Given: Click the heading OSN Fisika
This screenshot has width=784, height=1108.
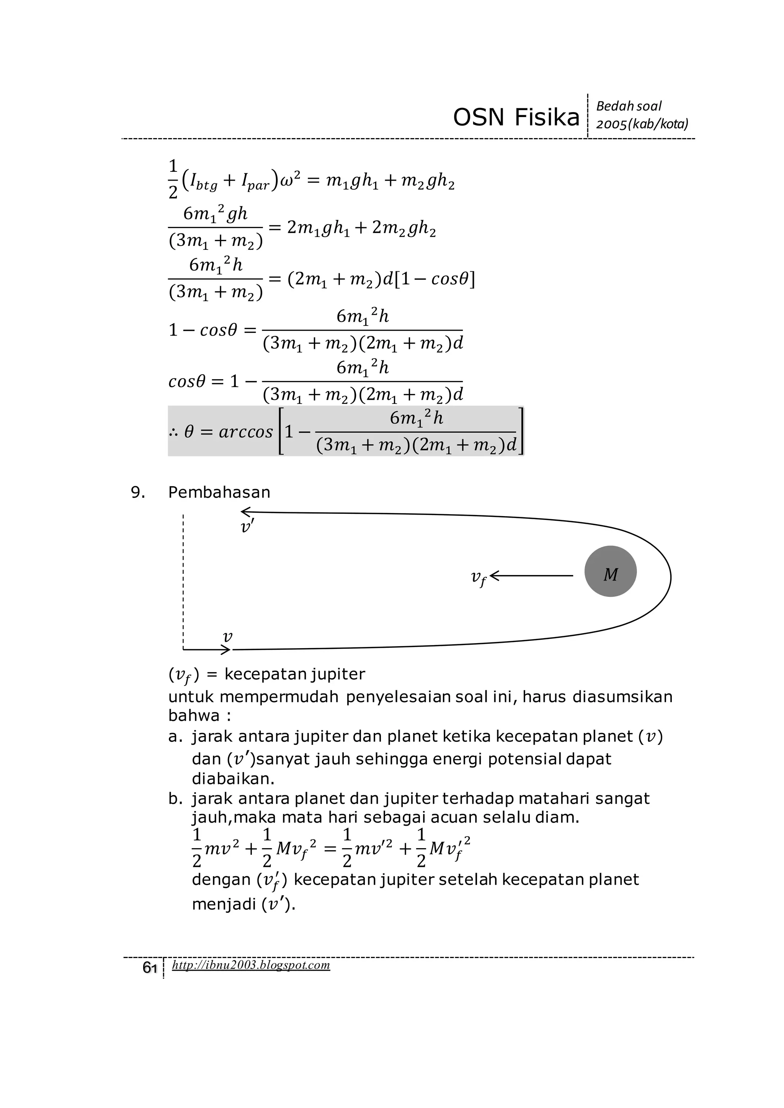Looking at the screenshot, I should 516,117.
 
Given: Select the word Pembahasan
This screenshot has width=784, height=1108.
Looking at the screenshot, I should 219,492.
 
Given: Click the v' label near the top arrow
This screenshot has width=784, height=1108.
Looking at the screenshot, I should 247,526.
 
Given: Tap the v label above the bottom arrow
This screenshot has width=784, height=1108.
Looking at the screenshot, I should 227,637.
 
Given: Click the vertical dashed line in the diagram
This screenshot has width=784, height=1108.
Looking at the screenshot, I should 183,579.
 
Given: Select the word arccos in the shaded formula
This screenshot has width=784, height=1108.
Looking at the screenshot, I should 246,432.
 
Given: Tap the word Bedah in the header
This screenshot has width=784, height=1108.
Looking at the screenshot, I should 611,106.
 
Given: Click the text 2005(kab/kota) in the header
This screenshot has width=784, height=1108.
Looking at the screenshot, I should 642,124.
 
